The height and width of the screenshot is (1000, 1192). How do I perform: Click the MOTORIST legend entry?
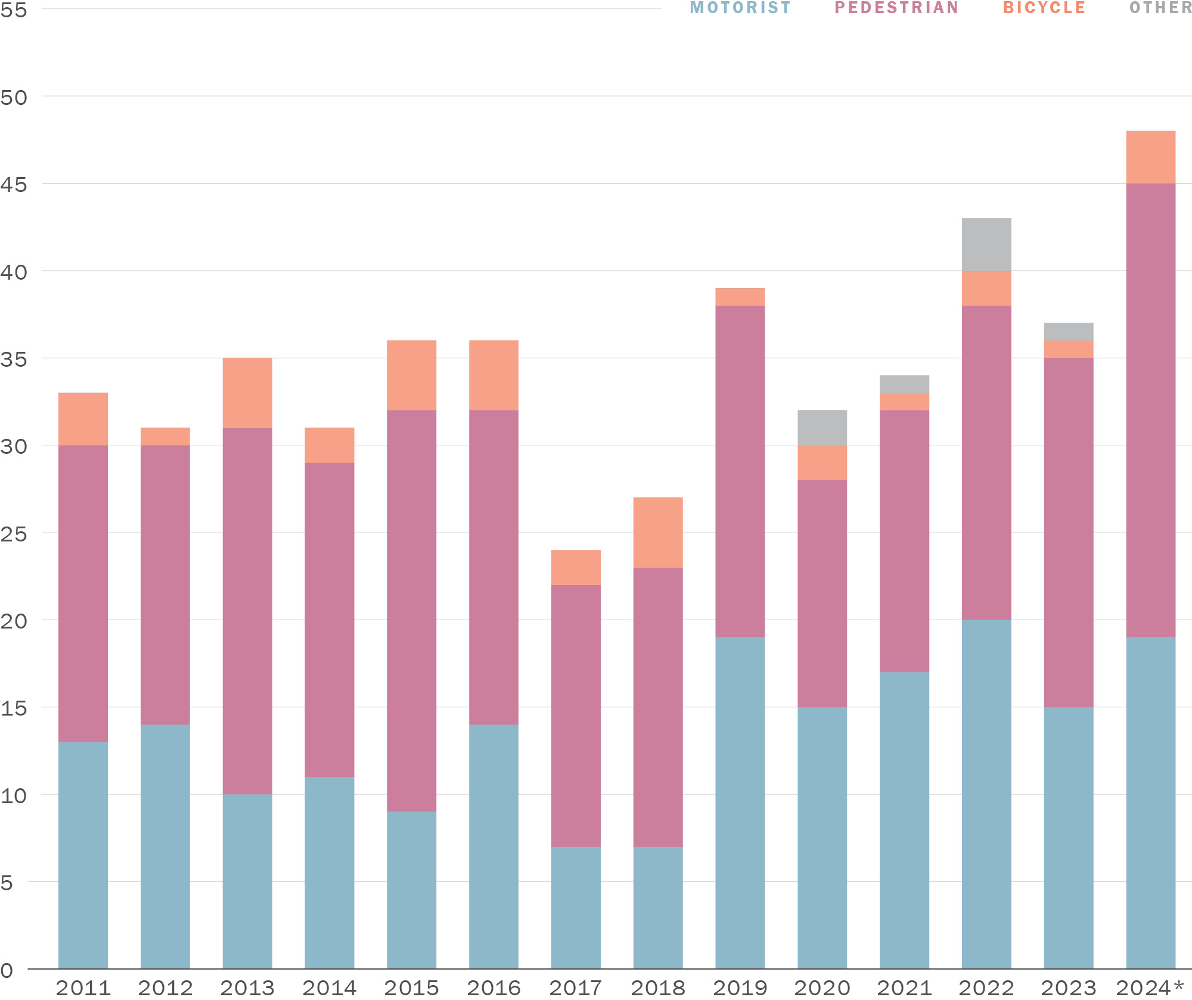740,8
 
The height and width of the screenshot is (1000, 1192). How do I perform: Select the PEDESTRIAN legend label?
896,8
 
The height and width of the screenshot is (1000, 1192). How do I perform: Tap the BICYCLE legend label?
1044,8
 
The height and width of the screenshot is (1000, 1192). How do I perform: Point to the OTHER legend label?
1160,8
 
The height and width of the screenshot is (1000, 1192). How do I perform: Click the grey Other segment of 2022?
986,244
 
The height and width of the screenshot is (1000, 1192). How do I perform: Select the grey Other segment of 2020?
822,428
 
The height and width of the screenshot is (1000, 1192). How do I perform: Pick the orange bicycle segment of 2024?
1150,157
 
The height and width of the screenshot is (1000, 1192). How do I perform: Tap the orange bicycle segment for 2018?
657,532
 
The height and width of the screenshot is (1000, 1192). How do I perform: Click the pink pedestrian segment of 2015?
411,611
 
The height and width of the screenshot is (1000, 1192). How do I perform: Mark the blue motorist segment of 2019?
740,802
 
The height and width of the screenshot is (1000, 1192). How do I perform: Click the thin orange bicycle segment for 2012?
165,436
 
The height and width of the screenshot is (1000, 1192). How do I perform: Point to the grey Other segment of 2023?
1069,332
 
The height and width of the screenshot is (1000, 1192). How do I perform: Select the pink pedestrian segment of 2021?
904,541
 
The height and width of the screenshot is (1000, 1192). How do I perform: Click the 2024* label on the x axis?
1150,987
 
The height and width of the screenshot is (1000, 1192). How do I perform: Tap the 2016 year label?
493,987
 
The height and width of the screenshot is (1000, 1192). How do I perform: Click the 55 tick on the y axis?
14,10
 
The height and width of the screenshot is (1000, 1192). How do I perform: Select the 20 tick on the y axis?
14,621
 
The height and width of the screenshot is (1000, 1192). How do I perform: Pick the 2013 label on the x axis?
247,987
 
